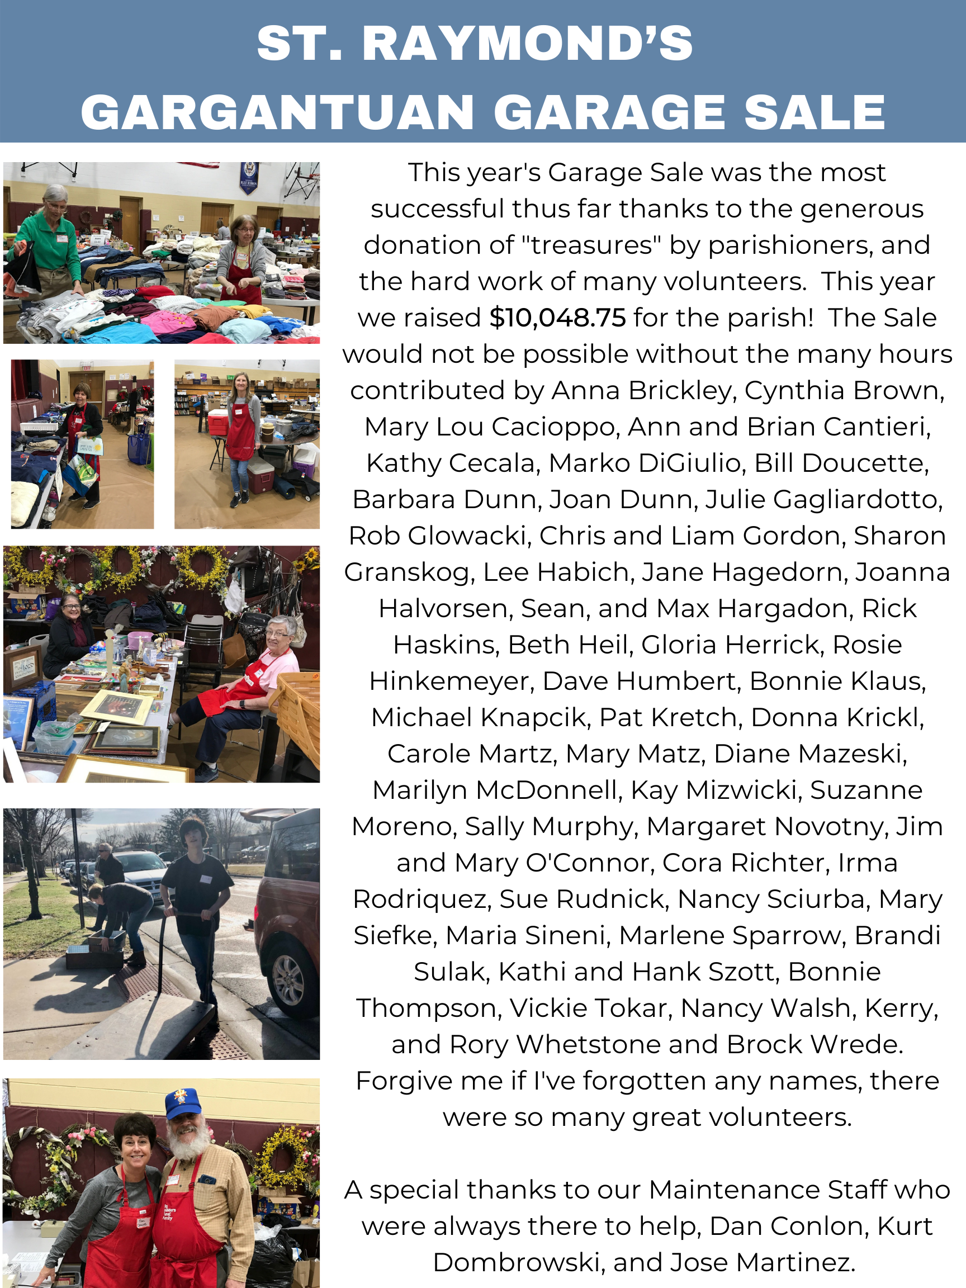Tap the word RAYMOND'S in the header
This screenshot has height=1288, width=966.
pyautogui.click(x=528, y=43)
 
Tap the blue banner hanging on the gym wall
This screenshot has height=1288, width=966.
pyautogui.click(x=249, y=179)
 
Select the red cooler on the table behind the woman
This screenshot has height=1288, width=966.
pyautogui.click(x=218, y=422)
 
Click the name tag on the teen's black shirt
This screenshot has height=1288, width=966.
pyautogui.click(x=205, y=879)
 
